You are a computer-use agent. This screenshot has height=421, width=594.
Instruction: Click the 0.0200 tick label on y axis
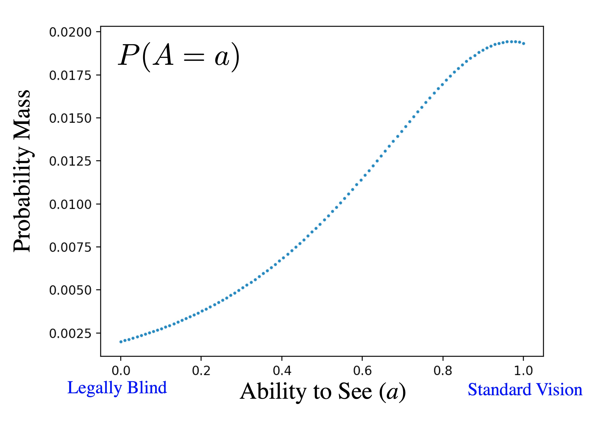pos(70,32)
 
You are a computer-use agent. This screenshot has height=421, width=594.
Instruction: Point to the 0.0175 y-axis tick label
pos(70,76)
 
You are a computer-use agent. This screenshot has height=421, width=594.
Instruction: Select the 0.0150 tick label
pos(70,119)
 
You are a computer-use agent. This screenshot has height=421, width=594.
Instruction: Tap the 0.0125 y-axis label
pos(70,161)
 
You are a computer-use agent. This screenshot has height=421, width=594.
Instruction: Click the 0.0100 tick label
pos(70,204)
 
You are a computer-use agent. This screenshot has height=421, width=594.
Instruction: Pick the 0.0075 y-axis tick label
pos(70,247)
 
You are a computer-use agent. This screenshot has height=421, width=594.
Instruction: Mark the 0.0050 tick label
pos(70,290)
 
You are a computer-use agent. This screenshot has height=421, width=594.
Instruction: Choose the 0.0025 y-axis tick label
pos(70,333)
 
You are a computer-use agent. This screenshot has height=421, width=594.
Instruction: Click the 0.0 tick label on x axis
pos(121,371)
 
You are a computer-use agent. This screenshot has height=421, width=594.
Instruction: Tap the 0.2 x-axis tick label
pos(201,371)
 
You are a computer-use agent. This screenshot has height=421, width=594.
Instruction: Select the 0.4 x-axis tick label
pos(282,371)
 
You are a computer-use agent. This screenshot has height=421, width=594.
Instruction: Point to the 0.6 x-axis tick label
pos(362,371)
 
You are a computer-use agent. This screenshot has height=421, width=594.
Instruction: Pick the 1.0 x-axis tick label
pos(523,371)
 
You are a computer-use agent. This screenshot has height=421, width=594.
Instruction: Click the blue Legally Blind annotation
pos(117,388)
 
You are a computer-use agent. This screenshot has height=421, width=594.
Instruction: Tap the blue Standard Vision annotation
pos(525,390)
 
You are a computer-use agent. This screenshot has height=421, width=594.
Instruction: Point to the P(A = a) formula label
pos(179,57)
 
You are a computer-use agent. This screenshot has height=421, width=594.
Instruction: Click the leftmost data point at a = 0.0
pos(121,342)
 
